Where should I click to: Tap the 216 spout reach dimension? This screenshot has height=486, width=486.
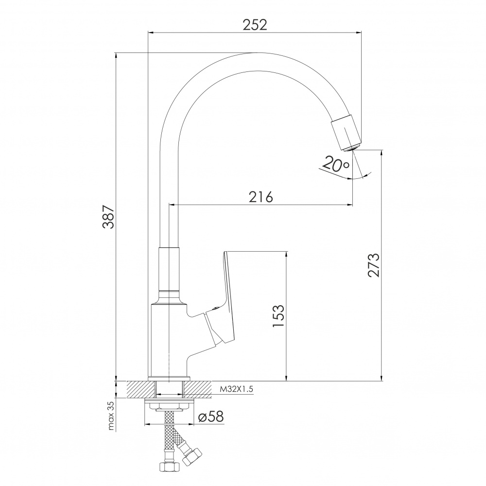tap(261, 197)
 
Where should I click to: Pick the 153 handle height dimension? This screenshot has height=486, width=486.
tap(278, 315)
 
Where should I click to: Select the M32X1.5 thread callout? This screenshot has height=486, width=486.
tap(237, 389)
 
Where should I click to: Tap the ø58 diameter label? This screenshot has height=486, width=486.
tap(211, 417)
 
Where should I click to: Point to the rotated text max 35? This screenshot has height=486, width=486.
tap(111, 416)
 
